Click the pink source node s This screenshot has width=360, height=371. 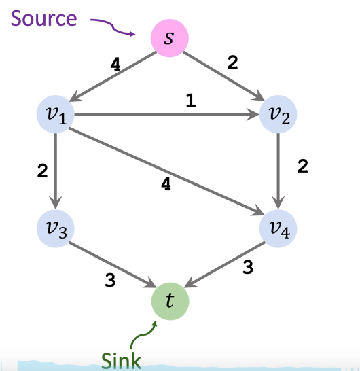pos(169,39)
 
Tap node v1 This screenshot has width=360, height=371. pos(56,116)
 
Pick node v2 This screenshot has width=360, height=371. pos(279,116)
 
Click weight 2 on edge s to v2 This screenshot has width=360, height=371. pos(232,63)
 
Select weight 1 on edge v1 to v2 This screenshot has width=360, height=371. pos(190,100)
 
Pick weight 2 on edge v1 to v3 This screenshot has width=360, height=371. pos(42,171)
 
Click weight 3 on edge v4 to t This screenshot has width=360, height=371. pos(247,268)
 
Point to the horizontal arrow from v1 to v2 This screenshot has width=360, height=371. pos(163,116)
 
